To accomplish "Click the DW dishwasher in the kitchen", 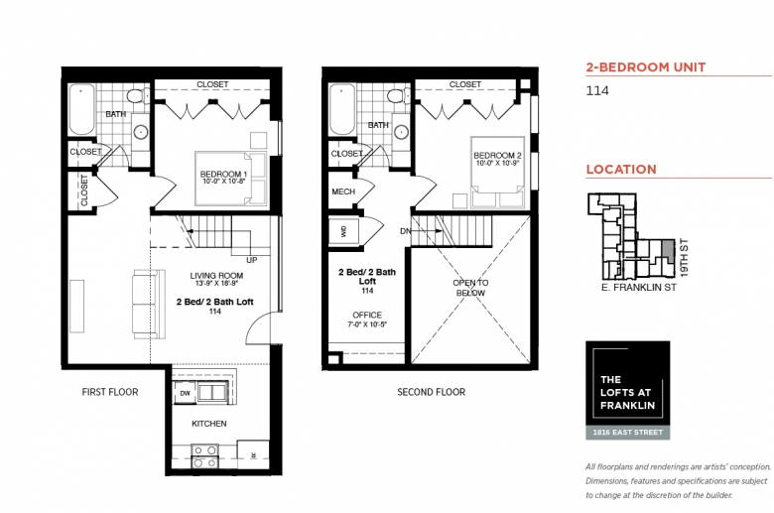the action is pos(186,394).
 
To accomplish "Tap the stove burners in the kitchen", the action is pos(204,456).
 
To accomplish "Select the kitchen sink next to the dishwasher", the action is pos(212,392).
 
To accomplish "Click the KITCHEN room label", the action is pos(209,424).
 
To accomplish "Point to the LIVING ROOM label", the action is pos(216,276).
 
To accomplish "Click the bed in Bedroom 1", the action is pos(231,179).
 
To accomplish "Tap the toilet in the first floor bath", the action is pos(138,95).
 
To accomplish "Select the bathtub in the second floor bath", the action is pos(342,109).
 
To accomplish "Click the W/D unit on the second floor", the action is pos(342,231).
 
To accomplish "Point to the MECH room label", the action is pos(343,192).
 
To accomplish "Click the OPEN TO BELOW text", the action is pos(470,288).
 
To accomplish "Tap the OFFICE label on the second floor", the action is pos(367,315).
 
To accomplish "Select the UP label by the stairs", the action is pos(252,260).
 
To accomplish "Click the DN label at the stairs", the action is pos(405,231).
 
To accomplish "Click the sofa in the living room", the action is pos(149,304).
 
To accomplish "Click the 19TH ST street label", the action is pos(684,258).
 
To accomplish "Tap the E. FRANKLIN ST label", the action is pos(639,288).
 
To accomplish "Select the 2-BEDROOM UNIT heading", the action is pos(646,67).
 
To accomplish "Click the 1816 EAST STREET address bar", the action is pos(628,433).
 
